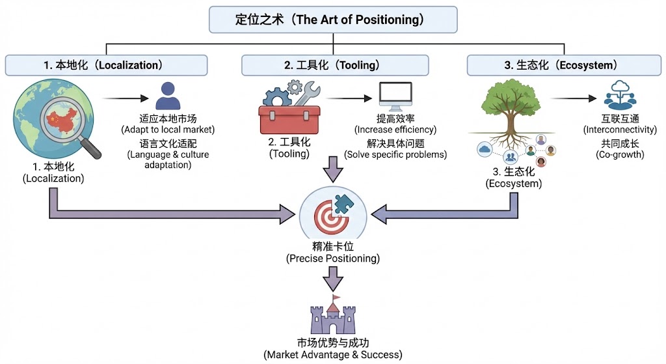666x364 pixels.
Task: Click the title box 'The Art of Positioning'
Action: click(x=333, y=20)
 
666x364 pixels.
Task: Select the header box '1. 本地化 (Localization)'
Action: click(x=106, y=65)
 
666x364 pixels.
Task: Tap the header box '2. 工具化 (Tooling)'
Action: click(x=335, y=65)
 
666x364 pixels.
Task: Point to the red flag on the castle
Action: click(x=336, y=299)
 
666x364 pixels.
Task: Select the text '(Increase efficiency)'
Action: click(x=395, y=130)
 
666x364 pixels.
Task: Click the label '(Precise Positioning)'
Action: click(x=333, y=259)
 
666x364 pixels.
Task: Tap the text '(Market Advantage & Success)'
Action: click(x=333, y=355)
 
